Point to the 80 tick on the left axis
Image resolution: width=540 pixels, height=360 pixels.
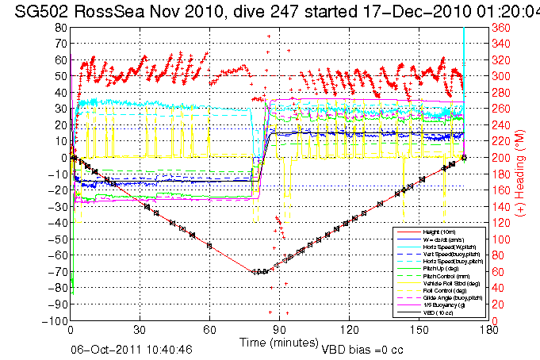click(x=60, y=28)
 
